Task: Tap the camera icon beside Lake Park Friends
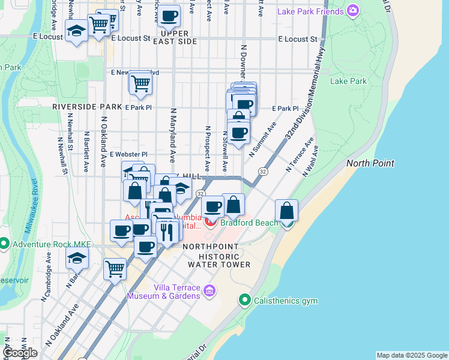click(x=352, y=10)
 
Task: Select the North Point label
click(x=370, y=163)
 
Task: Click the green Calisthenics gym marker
click(x=244, y=299)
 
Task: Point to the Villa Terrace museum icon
click(x=209, y=291)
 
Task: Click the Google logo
click(x=19, y=353)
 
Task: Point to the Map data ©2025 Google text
click(x=412, y=355)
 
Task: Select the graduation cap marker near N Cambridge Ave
click(x=77, y=259)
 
